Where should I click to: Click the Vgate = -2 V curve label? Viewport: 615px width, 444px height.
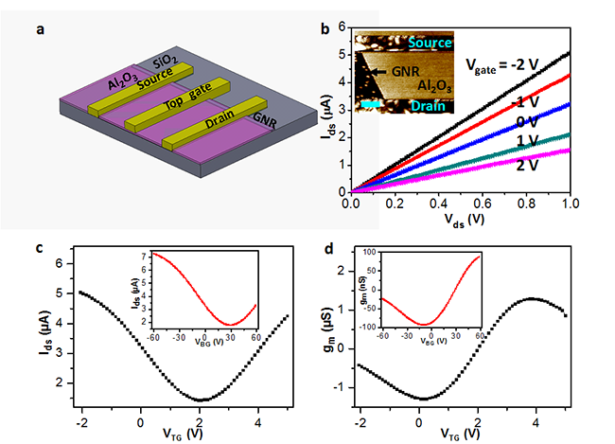pyautogui.click(x=516, y=63)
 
